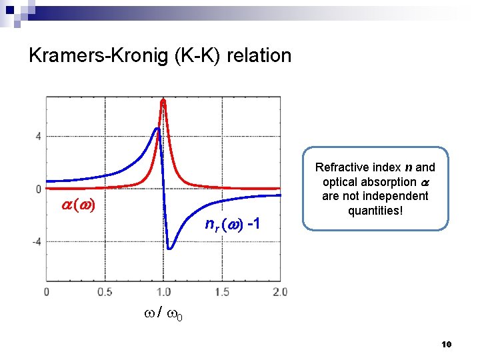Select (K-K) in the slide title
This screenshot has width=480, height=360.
198,55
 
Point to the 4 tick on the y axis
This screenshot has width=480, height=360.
38,136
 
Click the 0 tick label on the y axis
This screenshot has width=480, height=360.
38,189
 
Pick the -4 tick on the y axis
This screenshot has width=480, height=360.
36,241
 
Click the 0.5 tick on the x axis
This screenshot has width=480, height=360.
105,292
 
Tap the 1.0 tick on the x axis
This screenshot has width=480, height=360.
163,292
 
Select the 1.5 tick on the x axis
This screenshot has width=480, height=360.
221,292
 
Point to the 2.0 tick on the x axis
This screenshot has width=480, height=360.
280,292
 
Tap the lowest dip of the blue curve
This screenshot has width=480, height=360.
170,249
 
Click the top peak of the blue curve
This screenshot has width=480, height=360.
157,128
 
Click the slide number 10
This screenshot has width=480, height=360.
447,344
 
